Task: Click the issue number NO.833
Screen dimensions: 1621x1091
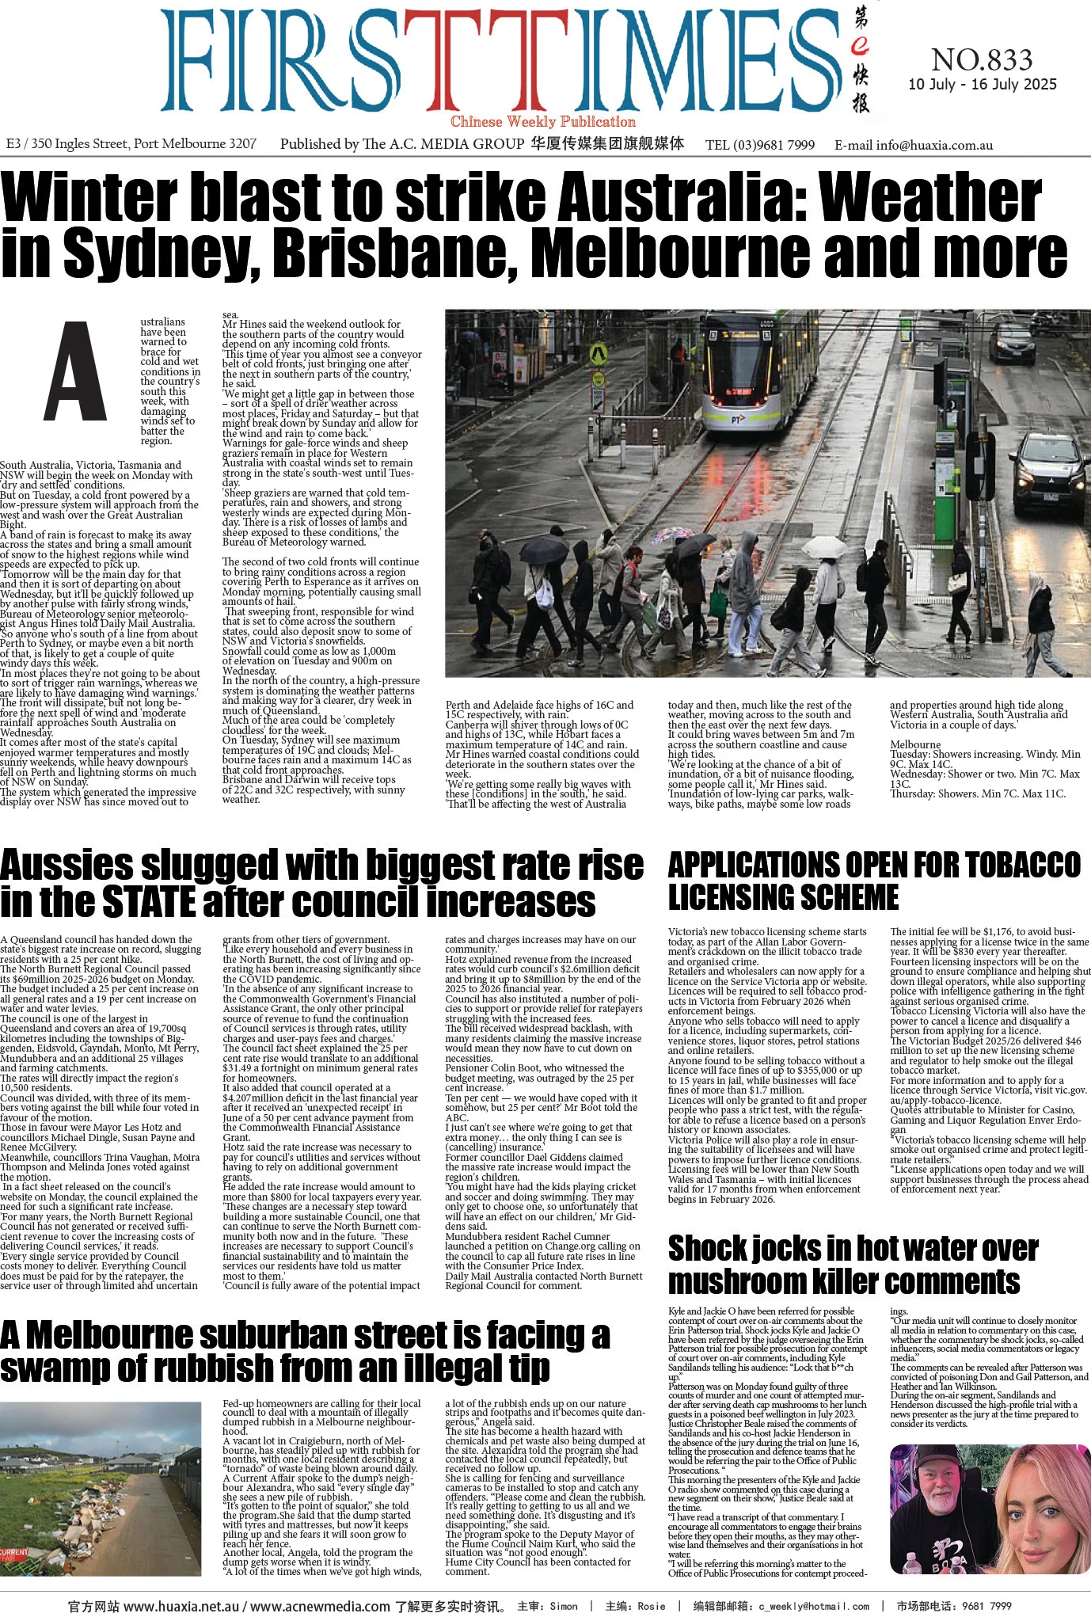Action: tap(982, 60)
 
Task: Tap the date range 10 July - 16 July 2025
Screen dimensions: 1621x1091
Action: tap(982, 85)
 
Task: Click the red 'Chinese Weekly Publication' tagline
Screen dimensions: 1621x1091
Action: tap(543, 122)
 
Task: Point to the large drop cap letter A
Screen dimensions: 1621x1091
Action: tap(74, 372)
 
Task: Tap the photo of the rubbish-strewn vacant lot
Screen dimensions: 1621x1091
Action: tap(107, 1489)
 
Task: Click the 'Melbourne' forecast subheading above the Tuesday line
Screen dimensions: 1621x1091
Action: tap(915, 744)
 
